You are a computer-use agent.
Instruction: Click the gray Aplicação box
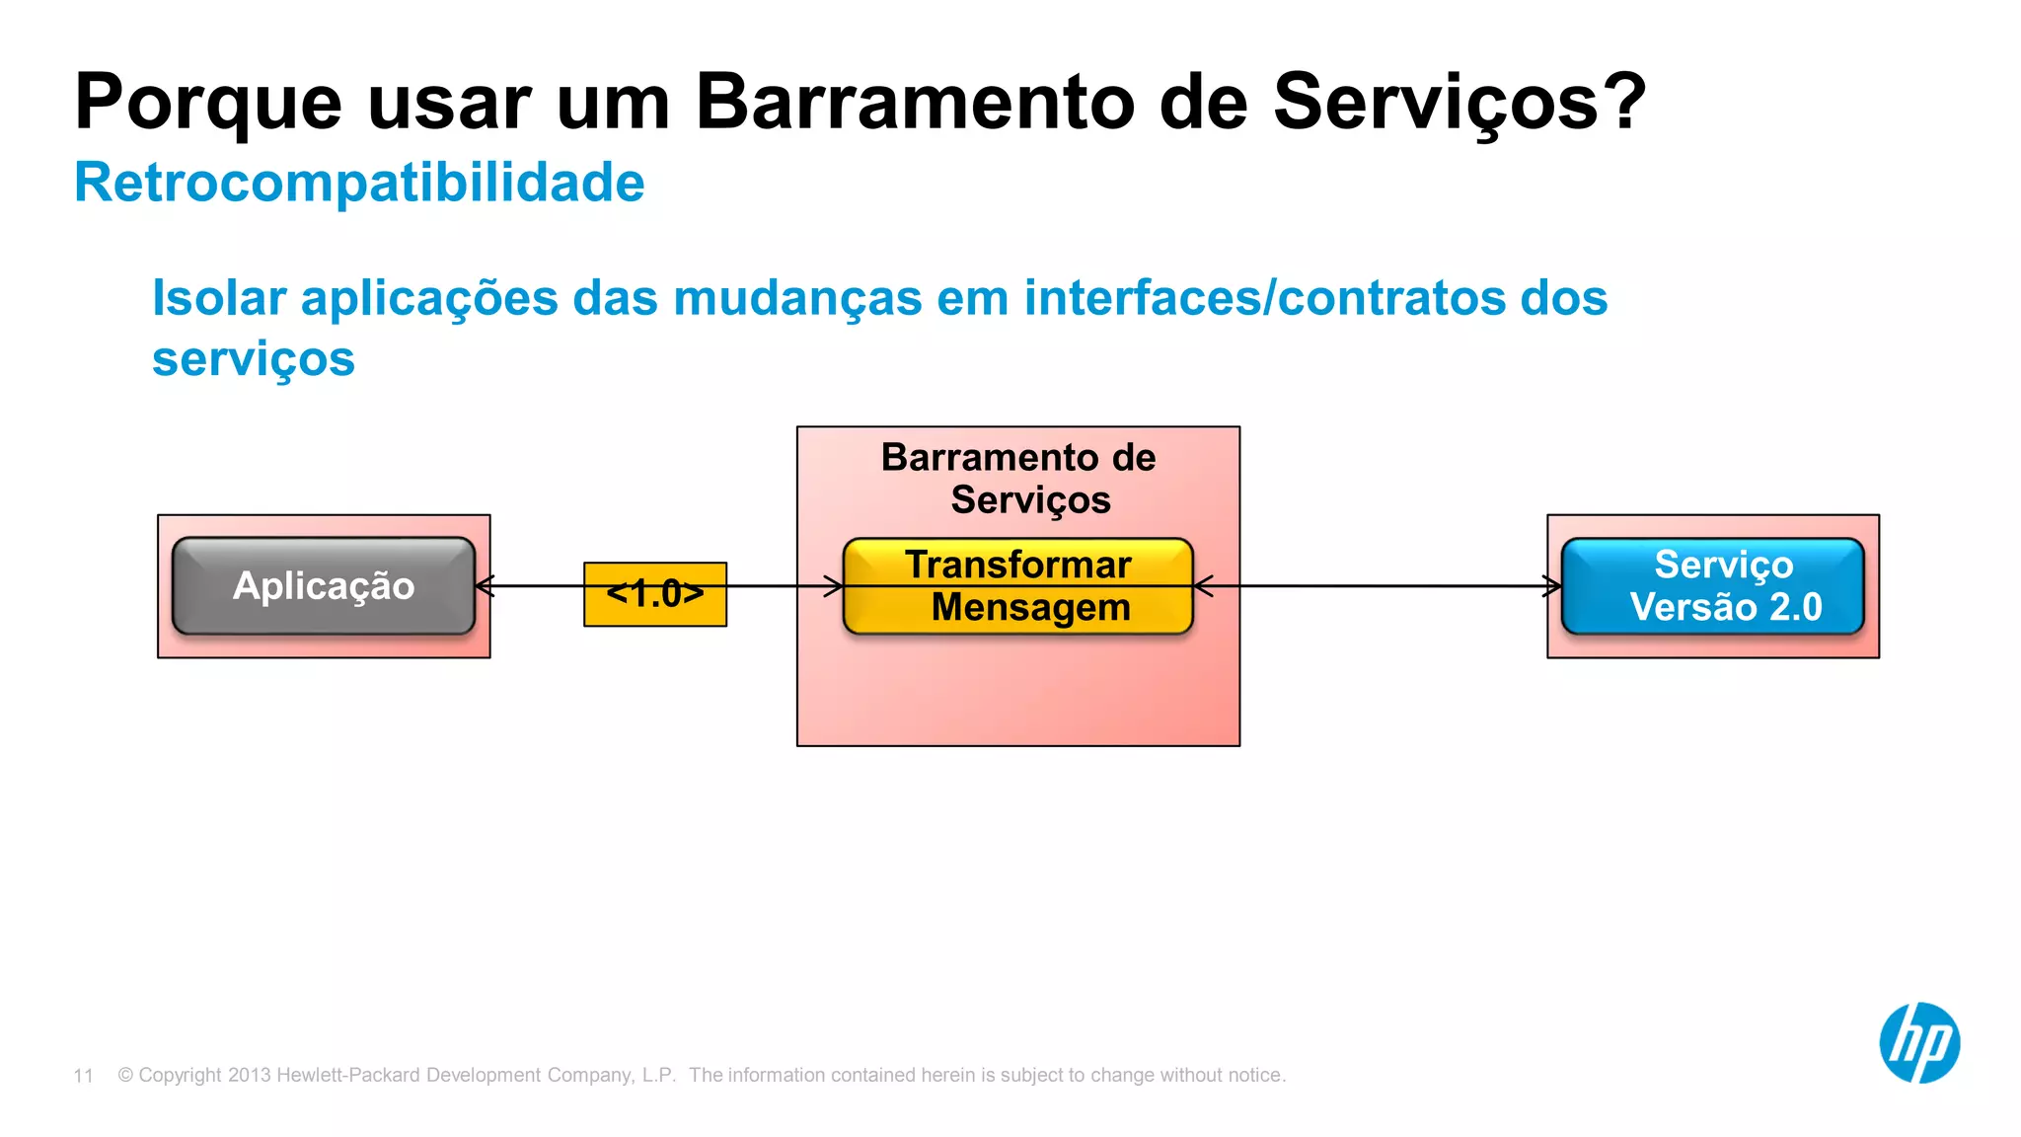(x=324, y=585)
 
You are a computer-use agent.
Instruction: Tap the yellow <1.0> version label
(x=655, y=594)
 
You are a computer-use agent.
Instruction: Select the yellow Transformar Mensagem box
(x=1018, y=585)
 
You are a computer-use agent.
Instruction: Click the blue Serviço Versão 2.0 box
(x=1713, y=585)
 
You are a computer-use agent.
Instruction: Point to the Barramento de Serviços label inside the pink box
(x=1018, y=479)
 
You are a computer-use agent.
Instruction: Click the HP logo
(x=1919, y=1042)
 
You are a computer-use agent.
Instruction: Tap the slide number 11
(x=84, y=1076)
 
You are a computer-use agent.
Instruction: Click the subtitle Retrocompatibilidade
(x=359, y=184)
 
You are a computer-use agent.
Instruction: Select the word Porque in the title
(x=208, y=103)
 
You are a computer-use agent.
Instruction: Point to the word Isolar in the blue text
(x=219, y=298)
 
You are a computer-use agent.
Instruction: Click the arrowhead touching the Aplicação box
(x=483, y=585)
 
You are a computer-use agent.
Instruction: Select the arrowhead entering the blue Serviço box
(x=1554, y=585)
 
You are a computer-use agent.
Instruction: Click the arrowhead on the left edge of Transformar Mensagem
(x=835, y=585)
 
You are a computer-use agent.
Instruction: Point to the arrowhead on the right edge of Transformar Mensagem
(x=1202, y=585)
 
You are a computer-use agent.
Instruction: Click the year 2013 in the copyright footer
(x=249, y=1075)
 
